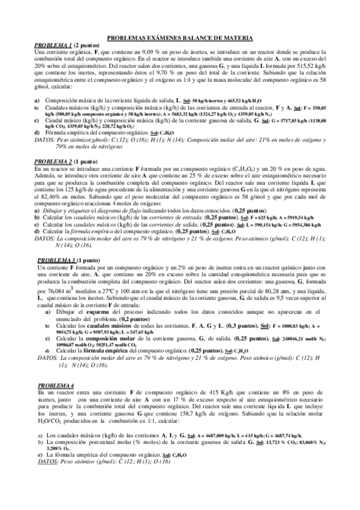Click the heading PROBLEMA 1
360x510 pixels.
(x=53, y=46)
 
